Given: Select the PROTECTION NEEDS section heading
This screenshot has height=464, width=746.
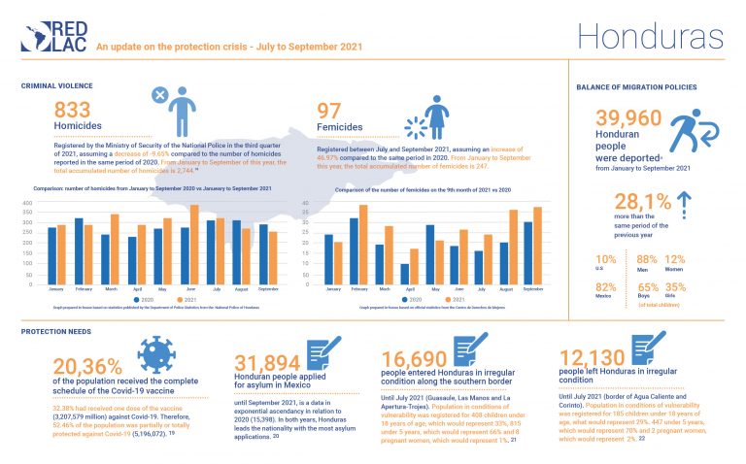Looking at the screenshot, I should click(57, 331).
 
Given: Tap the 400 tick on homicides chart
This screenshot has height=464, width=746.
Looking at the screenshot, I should click(27, 203).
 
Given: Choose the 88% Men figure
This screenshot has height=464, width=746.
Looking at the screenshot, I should click(647, 258).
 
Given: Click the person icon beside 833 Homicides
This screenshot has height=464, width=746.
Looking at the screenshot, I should click(189, 108).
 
